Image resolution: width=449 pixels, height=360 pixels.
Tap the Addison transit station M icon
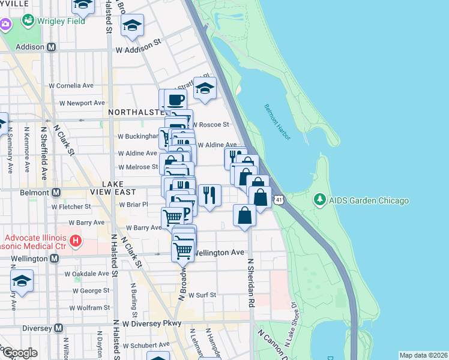tap(52, 47)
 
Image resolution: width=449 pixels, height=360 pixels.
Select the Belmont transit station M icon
tap(56, 192)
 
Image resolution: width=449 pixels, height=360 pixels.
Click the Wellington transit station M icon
tap(55, 259)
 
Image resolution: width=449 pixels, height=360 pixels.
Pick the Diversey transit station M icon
tap(58, 328)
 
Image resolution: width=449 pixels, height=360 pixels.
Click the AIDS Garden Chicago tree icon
tap(320, 200)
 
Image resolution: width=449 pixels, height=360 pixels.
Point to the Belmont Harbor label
tap(277, 122)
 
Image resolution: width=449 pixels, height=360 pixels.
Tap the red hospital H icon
tap(76, 242)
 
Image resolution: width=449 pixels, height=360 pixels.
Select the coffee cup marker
tap(176, 100)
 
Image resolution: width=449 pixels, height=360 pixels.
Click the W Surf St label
tap(202, 295)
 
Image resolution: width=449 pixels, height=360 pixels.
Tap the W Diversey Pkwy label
tap(151, 323)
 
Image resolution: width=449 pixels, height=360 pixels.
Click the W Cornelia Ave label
tap(75, 86)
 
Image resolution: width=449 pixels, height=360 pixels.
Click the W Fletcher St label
tap(71, 206)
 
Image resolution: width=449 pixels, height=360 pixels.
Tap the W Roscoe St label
tap(210, 125)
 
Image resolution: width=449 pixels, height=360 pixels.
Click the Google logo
tap(19, 353)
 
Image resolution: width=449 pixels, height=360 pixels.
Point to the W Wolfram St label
tap(86, 308)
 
